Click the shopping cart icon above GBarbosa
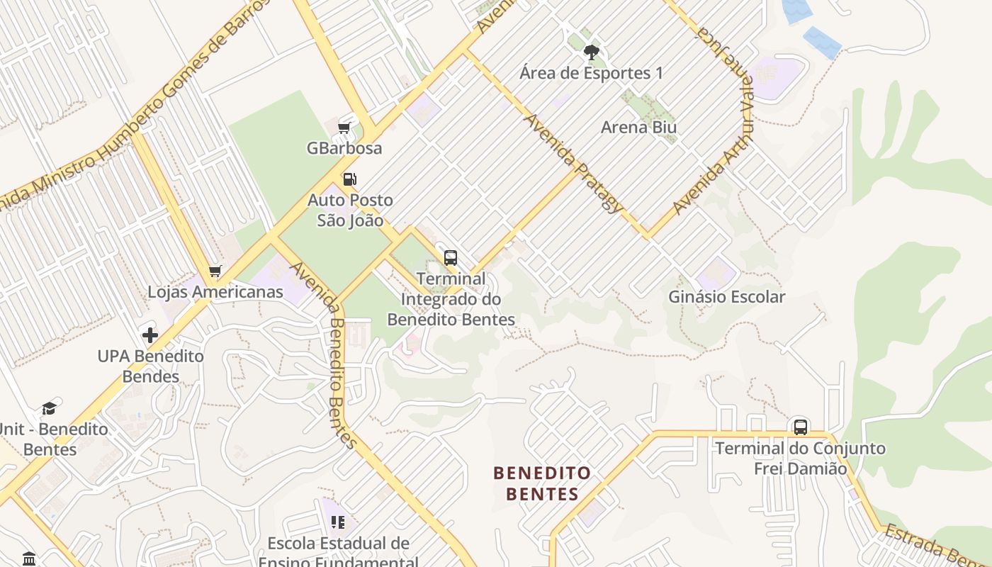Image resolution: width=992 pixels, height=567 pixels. (344, 128)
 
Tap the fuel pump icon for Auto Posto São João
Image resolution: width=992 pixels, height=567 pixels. (349, 179)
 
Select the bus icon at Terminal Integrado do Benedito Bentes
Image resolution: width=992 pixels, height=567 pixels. (451, 257)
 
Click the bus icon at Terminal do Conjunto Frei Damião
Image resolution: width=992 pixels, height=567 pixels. (801, 427)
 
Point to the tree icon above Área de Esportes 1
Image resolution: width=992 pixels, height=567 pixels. (591, 52)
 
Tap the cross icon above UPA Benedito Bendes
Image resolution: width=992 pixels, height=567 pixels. (150, 335)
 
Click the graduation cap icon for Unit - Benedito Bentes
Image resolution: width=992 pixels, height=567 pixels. (48, 408)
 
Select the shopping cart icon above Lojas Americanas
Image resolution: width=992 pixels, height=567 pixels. (215, 271)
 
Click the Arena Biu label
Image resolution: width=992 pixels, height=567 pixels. (638, 128)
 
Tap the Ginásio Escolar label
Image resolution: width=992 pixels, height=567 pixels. (726, 297)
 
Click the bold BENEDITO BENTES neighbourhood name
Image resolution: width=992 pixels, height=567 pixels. (542, 483)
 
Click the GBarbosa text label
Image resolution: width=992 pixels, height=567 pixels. (344, 148)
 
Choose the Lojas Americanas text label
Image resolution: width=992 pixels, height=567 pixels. (215, 292)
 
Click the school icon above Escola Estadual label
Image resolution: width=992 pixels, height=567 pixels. (338, 522)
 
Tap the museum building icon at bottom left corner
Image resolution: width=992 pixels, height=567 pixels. (29, 558)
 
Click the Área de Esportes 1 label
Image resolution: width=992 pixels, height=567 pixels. (591, 73)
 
